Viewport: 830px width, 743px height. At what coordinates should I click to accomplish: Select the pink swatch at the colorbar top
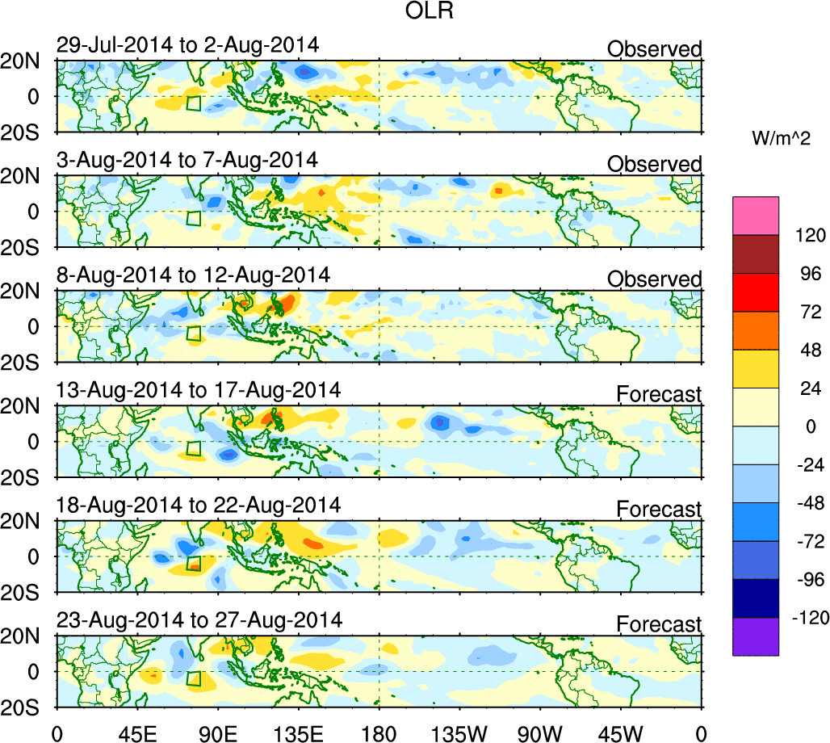coord(756,215)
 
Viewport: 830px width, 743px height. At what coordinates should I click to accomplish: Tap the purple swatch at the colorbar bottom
coord(756,636)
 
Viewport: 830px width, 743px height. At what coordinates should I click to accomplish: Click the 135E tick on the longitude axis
coord(299,733)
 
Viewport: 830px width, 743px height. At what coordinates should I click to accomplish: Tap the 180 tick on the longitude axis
coord(379,733)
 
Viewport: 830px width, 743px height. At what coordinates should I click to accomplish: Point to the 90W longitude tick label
coord(541,733)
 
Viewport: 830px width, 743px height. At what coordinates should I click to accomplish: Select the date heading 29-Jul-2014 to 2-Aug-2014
coord(187,45)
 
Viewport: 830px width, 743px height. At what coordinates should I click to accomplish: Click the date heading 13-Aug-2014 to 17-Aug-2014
coord(198,390)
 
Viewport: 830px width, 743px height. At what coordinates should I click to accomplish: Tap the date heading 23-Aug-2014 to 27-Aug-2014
coord(199,620)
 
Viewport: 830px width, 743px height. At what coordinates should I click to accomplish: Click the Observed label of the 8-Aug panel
coord(655,279)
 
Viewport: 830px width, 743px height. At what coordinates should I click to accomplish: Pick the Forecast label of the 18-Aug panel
coord(659,510)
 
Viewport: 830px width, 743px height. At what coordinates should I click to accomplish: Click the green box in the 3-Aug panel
coord(193,218)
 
